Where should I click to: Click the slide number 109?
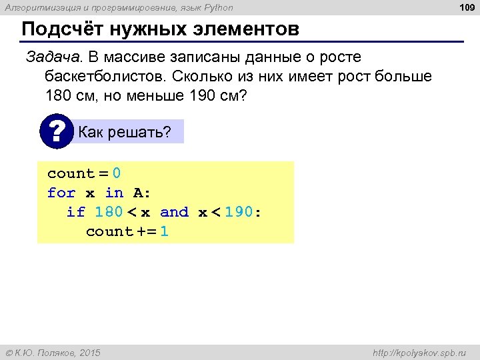(466, 7)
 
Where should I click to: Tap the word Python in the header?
(219, 7)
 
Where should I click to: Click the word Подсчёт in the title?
(62, 31)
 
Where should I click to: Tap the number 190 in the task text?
(203, 95)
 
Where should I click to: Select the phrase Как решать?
(125, 133)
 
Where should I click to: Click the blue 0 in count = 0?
(117, 174)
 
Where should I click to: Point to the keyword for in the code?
(61, 193)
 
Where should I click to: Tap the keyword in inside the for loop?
(115, 193)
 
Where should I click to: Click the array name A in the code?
(139, 193)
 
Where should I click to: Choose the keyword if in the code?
(76, 213)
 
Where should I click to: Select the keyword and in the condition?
(175, 213)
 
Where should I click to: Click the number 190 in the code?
(239, 213)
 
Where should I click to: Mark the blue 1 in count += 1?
(165, 232)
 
